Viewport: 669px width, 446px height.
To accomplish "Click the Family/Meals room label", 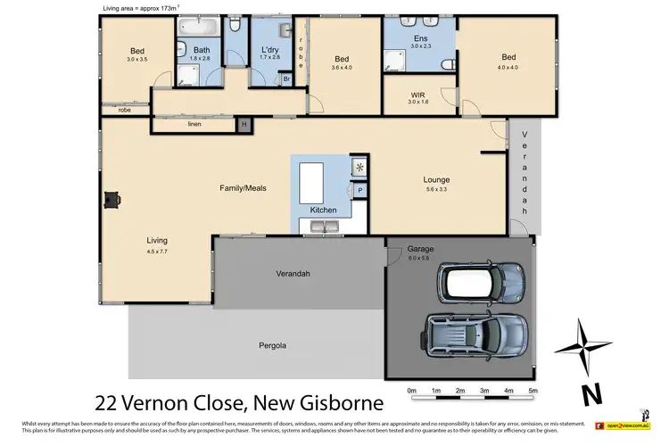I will coord(243,188).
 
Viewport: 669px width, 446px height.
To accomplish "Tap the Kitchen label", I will coord(323,210).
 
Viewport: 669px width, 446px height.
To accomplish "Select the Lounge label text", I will coord(436,179).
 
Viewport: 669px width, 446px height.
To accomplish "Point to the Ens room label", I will coord(419,38).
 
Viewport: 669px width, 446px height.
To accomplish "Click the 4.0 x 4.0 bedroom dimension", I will coord(508,66).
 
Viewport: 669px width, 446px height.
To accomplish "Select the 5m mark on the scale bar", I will coord(533,392).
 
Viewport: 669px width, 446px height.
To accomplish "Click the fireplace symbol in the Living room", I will coord(110,201).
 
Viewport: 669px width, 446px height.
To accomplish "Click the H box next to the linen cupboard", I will coord(243,125).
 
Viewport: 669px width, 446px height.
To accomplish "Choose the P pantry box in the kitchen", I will coord(360,190).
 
